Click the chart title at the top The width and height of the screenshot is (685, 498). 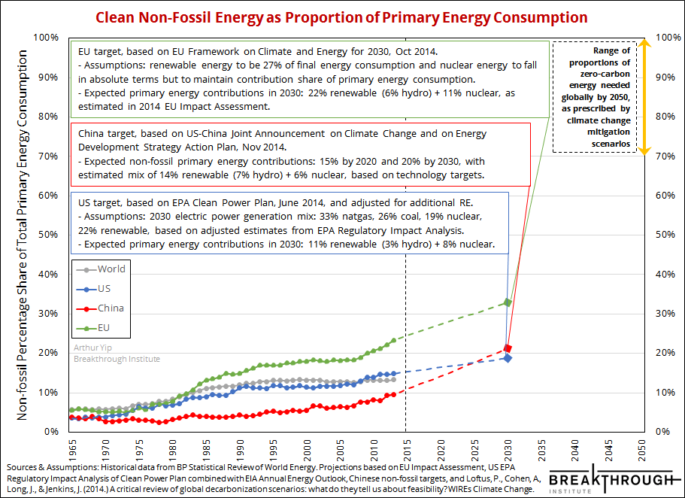pos(341,17)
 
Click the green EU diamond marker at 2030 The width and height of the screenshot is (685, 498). pos(508,302)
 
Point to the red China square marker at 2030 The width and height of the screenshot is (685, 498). pos(508,349)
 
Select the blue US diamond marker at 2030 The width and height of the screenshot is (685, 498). pos(508,358)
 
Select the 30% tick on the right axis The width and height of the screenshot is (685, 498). pos(667,314)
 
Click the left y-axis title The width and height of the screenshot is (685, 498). pos(23,235)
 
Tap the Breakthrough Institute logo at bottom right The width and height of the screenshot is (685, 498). pos(610,481)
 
